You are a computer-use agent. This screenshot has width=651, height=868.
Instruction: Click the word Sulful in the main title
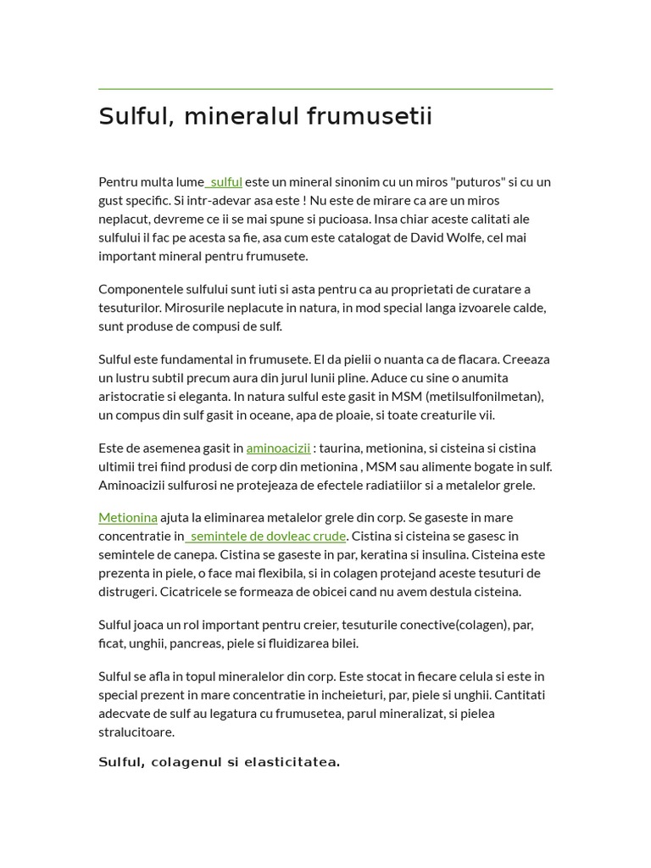[135, 116]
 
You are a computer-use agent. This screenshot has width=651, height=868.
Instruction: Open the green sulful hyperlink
[225, 181]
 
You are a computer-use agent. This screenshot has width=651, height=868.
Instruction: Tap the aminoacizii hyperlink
[278, 448]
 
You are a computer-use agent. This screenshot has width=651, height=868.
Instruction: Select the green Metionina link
[128, 517]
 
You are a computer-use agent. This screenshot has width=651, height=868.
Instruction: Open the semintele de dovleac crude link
[267, 536]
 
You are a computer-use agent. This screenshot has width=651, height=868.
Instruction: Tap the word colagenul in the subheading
[185, 762]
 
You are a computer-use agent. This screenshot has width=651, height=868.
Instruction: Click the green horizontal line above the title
[325, 89]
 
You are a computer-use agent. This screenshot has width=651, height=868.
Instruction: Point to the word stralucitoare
[136, 732]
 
